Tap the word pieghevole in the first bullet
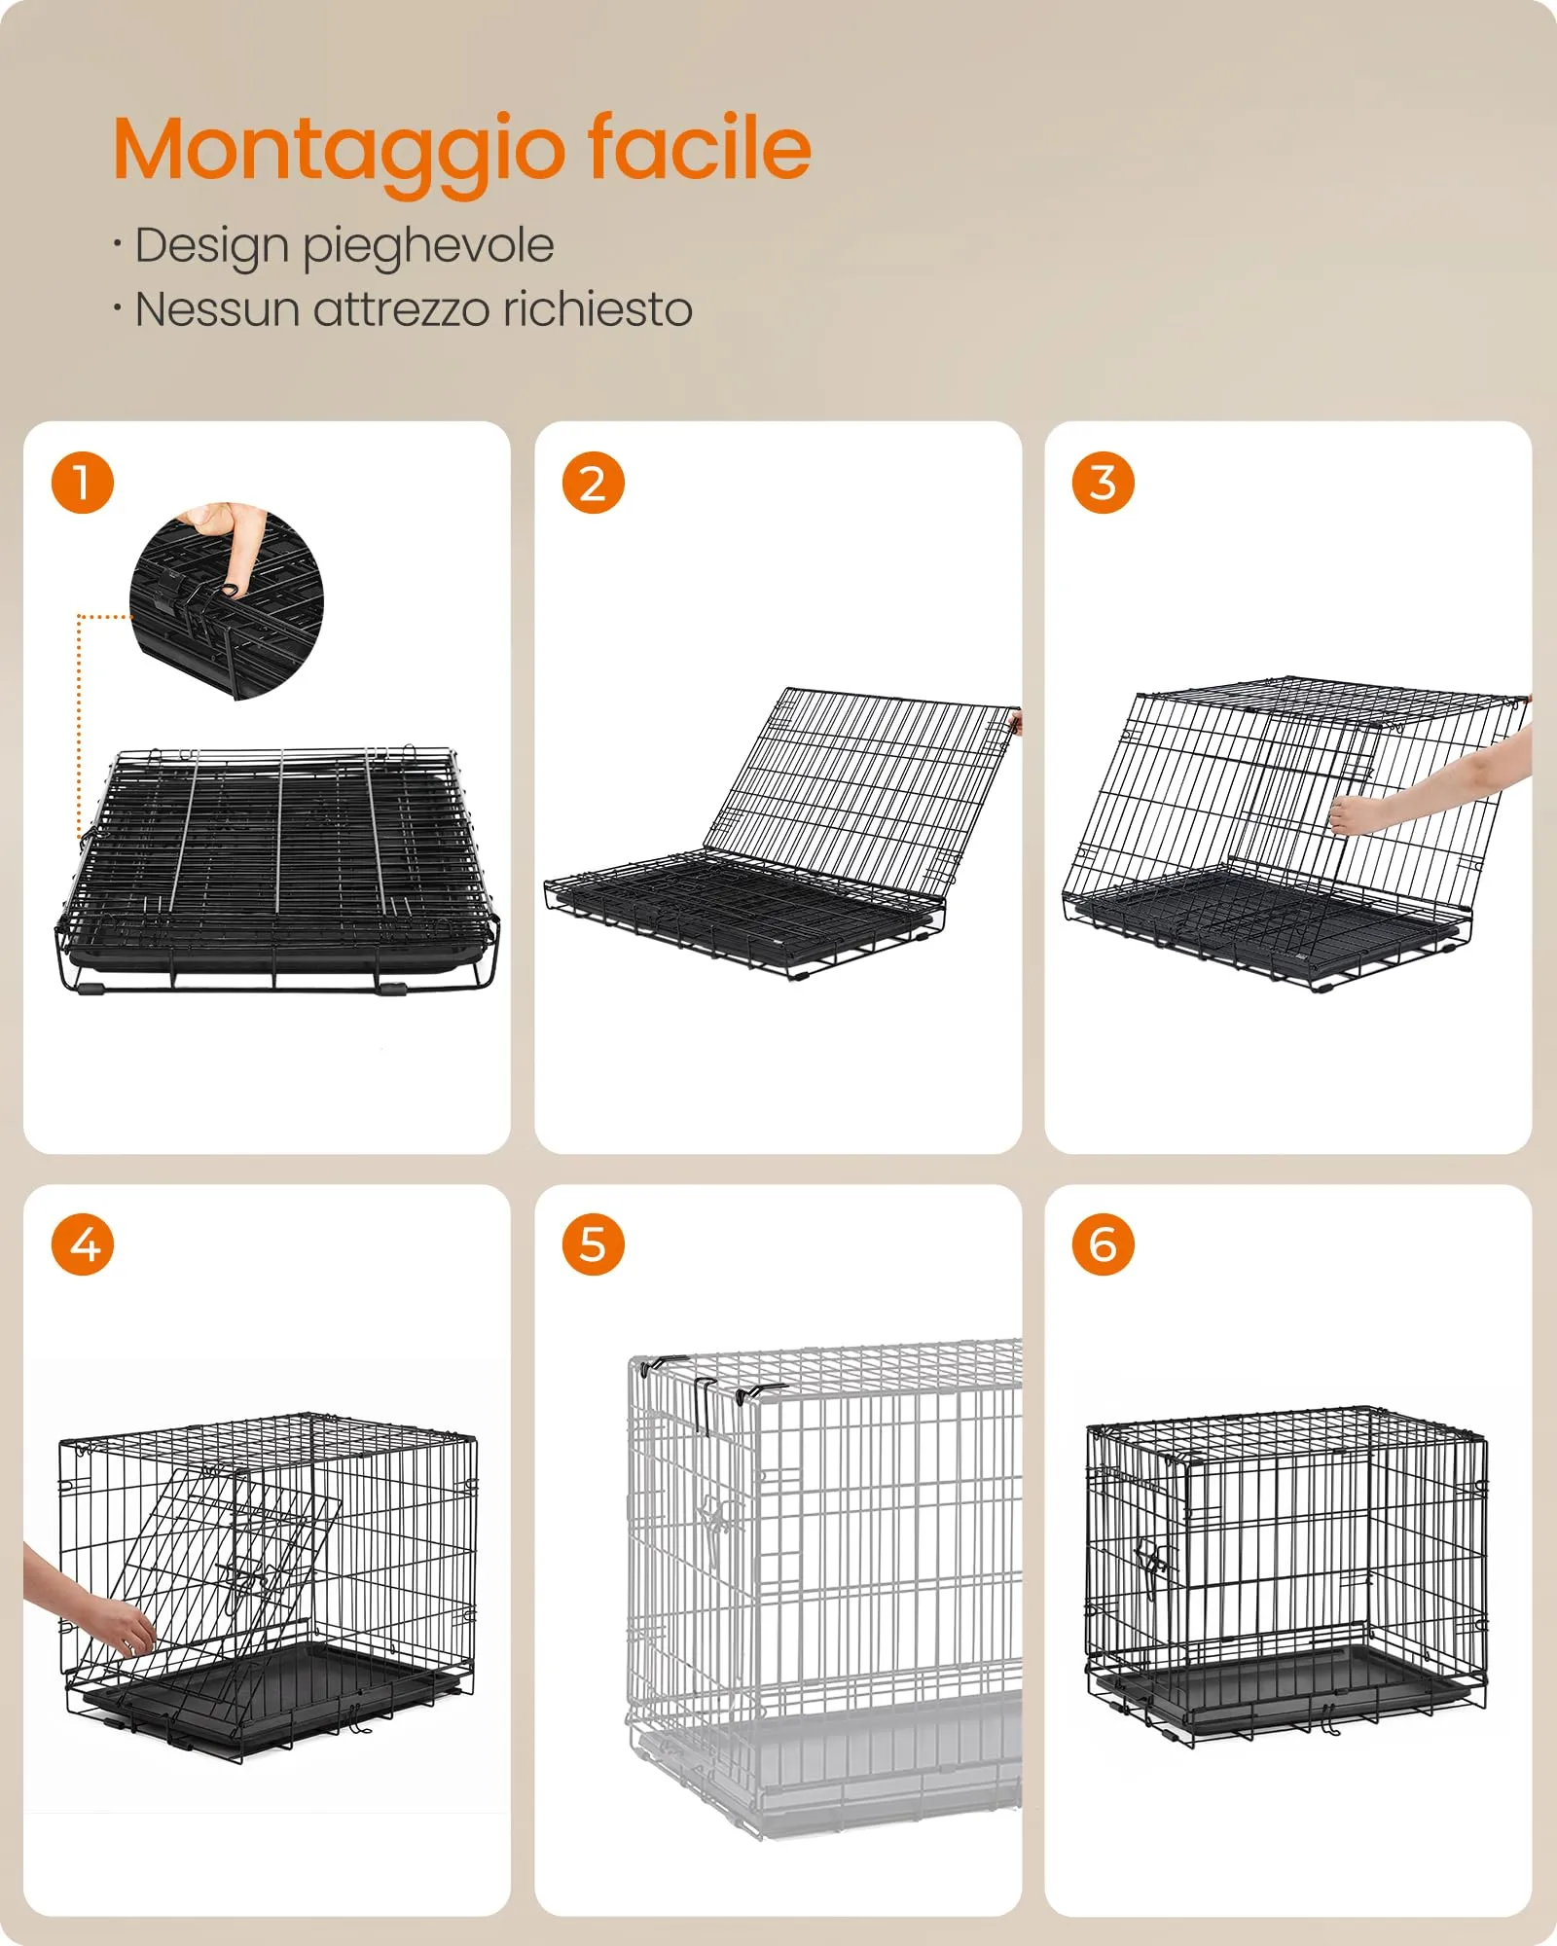pos(428,247)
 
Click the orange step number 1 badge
pos(83,483)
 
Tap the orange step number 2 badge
pos(593,483)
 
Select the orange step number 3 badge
pos(1103,483)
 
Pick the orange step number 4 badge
pos(83,1244)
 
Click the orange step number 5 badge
pos(593,1244)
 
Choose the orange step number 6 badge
pos(1103,1244)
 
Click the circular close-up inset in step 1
pos(227,601)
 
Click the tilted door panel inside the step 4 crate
pos(219,1605)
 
